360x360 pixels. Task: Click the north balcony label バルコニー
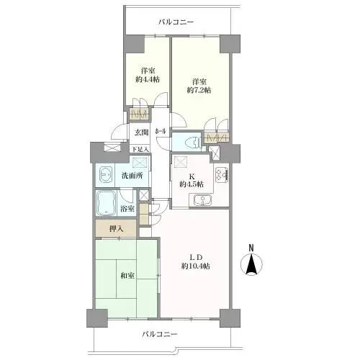coord(176,22)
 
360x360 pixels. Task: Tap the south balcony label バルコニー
coord(160,334)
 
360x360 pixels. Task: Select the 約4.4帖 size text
coord(148,80)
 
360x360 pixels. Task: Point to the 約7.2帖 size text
coord(199,90)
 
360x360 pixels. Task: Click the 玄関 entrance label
coord(141,132)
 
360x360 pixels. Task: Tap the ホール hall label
coord(161,131)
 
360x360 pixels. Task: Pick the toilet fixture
coord(194,143)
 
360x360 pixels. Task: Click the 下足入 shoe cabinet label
coord(140,149)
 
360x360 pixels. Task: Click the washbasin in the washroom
coord(105,175)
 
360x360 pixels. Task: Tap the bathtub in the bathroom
coord(106,203)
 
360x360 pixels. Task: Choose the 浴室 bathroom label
coord(127,209)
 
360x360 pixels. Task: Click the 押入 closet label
coord(117,229)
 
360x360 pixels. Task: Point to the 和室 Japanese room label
coord(127,276)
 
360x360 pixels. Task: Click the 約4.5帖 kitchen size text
coord(192,184)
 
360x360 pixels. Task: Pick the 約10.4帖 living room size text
coord(196,266)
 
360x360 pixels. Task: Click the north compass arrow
coord(251,264)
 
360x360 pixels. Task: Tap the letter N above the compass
coord(251,248)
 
